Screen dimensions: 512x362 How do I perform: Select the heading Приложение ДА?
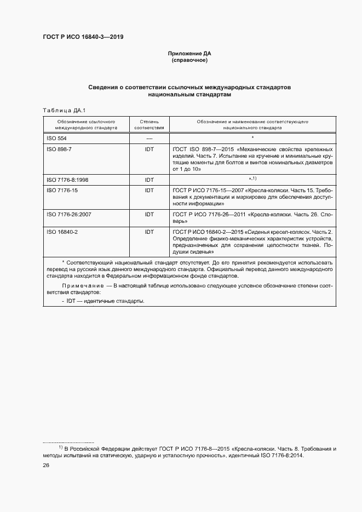[x=189, y=54]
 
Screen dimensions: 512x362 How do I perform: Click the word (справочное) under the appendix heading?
[x=189, y=60]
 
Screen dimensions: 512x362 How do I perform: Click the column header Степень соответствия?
[x=149, y=123]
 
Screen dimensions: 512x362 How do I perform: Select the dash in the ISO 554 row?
[x=149, y=138]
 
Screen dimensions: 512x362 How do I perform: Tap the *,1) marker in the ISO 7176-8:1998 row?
[x=252, y=179]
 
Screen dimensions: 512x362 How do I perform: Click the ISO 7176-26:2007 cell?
[x=69, y=214]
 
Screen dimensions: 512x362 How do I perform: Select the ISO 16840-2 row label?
[x=61, y=232]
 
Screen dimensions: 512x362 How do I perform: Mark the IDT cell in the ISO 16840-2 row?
[x=149, y=232]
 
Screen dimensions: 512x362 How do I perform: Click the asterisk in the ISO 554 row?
[x=252, y=138]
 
